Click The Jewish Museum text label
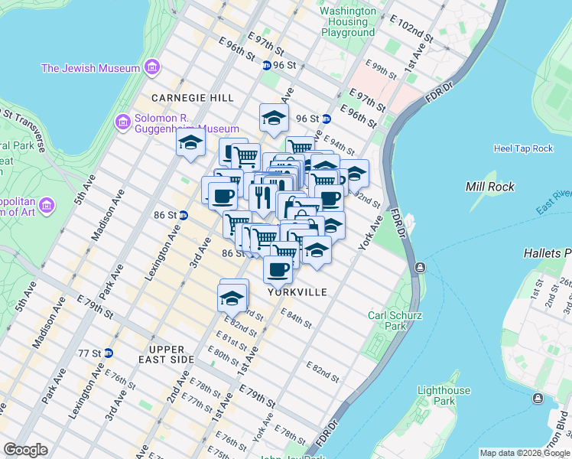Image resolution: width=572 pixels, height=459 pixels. click(90, 68)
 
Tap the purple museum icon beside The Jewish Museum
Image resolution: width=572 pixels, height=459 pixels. click(153, 68)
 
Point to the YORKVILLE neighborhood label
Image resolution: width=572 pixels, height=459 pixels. click(297, 292)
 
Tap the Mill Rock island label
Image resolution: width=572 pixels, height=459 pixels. click(490, 187)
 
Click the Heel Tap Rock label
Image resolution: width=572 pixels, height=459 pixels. click(523, 148)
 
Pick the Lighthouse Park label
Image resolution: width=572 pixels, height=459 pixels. click(444, 396)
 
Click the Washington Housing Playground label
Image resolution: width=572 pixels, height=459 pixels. click(348, 22)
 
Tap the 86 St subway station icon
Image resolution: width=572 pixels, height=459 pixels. click(184, 215)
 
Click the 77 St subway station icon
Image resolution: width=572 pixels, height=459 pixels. click(109, 353)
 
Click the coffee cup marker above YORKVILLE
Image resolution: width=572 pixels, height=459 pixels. click(278, 269)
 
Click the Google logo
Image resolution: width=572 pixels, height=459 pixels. click(25, 450)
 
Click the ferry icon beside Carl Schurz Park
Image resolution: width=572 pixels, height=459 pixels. click(419, 268)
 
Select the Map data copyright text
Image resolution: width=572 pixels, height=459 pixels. click(524, 453)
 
